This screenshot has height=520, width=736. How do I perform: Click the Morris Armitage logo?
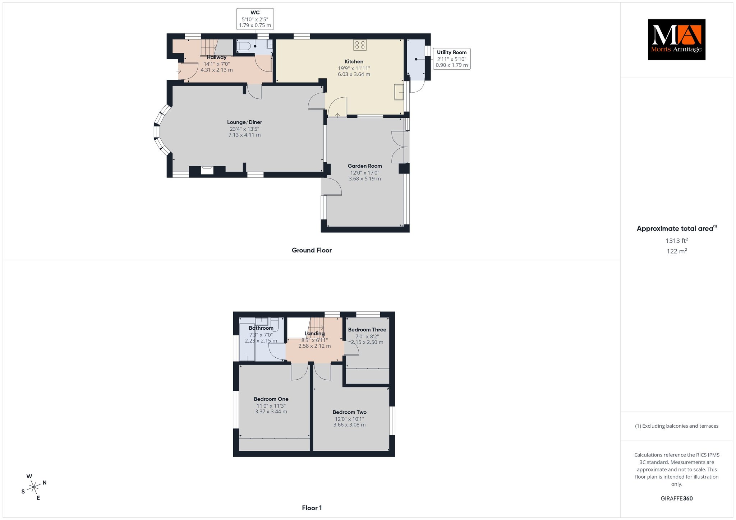click(x=677, y=40)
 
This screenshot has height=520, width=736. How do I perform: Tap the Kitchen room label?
click(x=354, y=61)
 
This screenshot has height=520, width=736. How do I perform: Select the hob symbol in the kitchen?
click(x=360, y=45)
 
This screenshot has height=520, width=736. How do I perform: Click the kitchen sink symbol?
click(x=399, y=92)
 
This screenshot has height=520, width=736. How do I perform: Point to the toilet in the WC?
click(x=244, y=46)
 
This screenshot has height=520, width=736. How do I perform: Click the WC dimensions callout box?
click(x=255, y=19)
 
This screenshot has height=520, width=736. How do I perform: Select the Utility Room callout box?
click(x=452, y=59)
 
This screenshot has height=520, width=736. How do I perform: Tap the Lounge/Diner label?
click(x=244, y=122)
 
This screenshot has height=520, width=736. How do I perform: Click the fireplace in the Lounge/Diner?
click(x=207, y=170)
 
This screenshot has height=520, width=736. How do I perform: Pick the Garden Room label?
click(x=365, y=166)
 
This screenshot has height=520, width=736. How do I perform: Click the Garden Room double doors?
click(x=398, y=147)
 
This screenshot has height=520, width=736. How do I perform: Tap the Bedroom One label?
click(x=271, y=399)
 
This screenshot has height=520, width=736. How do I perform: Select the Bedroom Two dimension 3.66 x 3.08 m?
click(x=349, y=424)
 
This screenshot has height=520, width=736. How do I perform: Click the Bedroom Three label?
click(x=367, y=330)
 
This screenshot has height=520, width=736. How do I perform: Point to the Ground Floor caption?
click(x=312, y=250)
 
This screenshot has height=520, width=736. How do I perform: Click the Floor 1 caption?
click(x=312, y=508)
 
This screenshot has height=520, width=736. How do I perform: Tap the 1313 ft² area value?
click(x=677, y=241)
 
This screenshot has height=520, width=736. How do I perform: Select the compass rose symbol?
click(x=34, y=487)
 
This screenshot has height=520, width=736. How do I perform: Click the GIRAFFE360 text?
click(x=677, y=498)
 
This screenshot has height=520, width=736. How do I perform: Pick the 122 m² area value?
click(x=677, y=251)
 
